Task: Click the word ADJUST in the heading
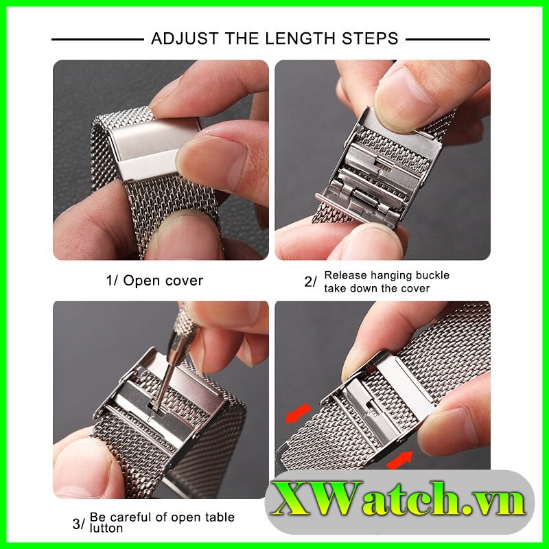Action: pyautogui.click(x=185, y=38)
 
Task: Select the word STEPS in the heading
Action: pyautogui.click(x=369, y=38)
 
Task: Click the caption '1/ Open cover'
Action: pyautogui.click(x=154, y=281)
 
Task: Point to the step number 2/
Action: pyautogui.click(x=310, y=281)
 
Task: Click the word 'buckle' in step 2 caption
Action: pyautogui.click(x=432, y=275)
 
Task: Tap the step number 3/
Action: pyautogui.click(x=78, y=524)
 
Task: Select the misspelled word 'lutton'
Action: pyautogui.click(x=106, y=528)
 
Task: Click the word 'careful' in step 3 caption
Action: pyautogui.click(x=134, y=517)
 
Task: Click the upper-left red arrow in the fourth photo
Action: pyautogui.click(x=298, y=413)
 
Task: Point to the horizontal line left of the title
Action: pyautogui.click(x=97, y=40)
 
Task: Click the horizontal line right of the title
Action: pyautogui.click(x=448, y=40)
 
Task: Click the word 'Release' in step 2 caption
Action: pyautogui.click(x=346, y=275)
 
